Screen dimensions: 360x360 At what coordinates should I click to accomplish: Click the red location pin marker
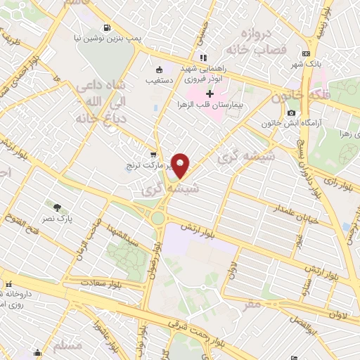[181, 166]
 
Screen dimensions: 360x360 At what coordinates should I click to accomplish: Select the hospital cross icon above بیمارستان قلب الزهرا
[210, 94]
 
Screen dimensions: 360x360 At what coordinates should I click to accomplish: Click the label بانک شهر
[306, 64]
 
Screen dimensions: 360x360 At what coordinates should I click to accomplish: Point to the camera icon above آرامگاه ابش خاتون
[290, 113]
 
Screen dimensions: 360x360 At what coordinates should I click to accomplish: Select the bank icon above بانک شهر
[306, 53]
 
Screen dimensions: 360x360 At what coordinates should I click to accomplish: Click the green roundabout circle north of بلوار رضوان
[158, 218]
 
